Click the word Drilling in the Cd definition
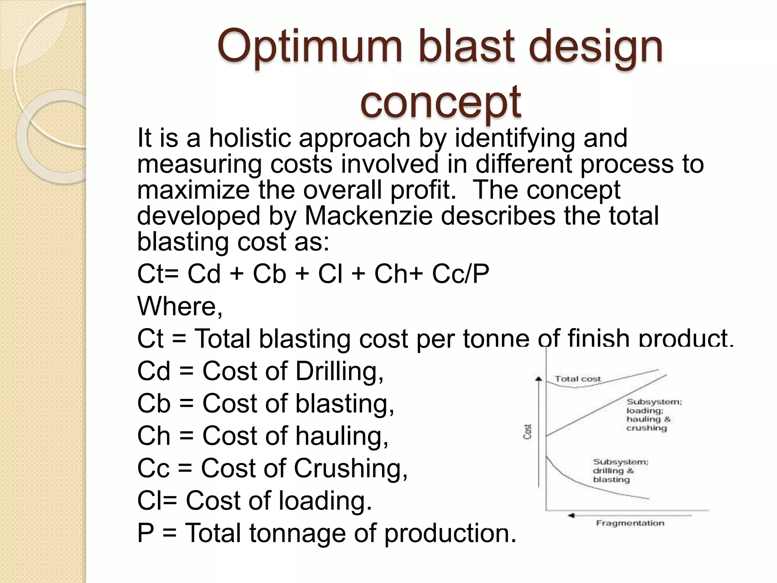point(339,371)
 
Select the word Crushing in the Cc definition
point(350,468)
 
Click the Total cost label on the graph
point(577,379)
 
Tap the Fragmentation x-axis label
point(630,523)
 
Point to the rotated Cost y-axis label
point(527,432)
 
